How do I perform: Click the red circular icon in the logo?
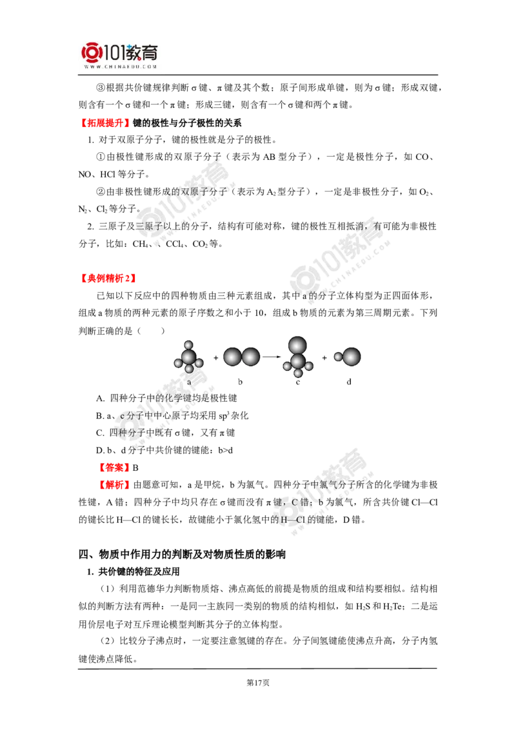pyautogui.click(x=91, y=55)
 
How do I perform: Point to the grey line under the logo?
pyautogui.click(x=121, y=76)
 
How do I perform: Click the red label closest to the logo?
pyautogui.click(x=104, y=122)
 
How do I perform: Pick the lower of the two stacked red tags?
pyautogui.click(x=114, y=484)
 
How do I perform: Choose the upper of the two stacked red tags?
pyautogui.click(x=114, y=467)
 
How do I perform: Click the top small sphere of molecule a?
pyautogui.click(x=188, y=346)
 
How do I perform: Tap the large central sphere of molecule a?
pyautogui.click(x=188, y=357)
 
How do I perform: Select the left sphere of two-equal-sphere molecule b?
pyautogui.click(x=232, y=357)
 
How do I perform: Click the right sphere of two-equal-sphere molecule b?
pyautogui.click(x=250, y=357)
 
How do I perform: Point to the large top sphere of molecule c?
pyautogui.click(x=297, y=345)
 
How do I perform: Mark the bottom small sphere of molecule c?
pyautogui.click(x=298, y=373)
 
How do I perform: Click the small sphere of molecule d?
pyautogui.click(x=338, y=357)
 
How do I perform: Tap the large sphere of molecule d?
pyautogui.click(x=351, y=357)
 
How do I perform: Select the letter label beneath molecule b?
pyautogui.click(x=240, y=382)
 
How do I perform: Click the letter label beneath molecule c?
pyautogui.click(x=298, y=382)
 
